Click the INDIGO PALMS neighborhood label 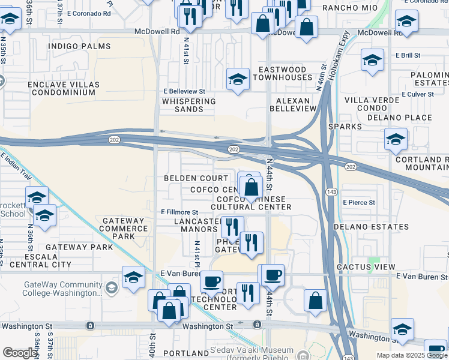(80, 46)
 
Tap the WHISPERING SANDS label (189, 106)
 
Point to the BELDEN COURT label (196, 178)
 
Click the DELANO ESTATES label (371, 227)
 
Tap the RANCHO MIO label (345, 8)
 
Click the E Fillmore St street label (179, 212)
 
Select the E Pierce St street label (359, 203)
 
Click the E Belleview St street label (184, 91)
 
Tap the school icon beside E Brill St (372, 60)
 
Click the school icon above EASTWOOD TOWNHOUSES (238, 79)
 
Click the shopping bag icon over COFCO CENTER (252, 187)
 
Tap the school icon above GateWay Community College (133, 276)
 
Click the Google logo (20, 353)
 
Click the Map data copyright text (411, 355)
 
